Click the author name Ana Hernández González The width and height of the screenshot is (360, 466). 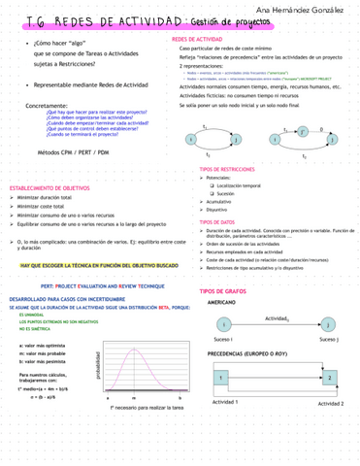pyautogui.click(x=296, y=9)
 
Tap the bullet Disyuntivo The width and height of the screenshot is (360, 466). pyautogui.click(x=217, y=209)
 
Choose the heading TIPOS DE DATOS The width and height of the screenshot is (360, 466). pyautogui.click(x=217, y=221)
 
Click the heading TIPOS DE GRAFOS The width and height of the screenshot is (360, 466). pyautogui.click(x=225, y=291)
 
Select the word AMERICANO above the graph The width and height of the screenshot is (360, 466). pyautogui.click(x=224, y=303)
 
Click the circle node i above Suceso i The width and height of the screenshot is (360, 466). pyautogui.click(x=224, y=323)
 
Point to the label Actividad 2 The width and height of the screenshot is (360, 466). pyautogui.click(x=330, y=403)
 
